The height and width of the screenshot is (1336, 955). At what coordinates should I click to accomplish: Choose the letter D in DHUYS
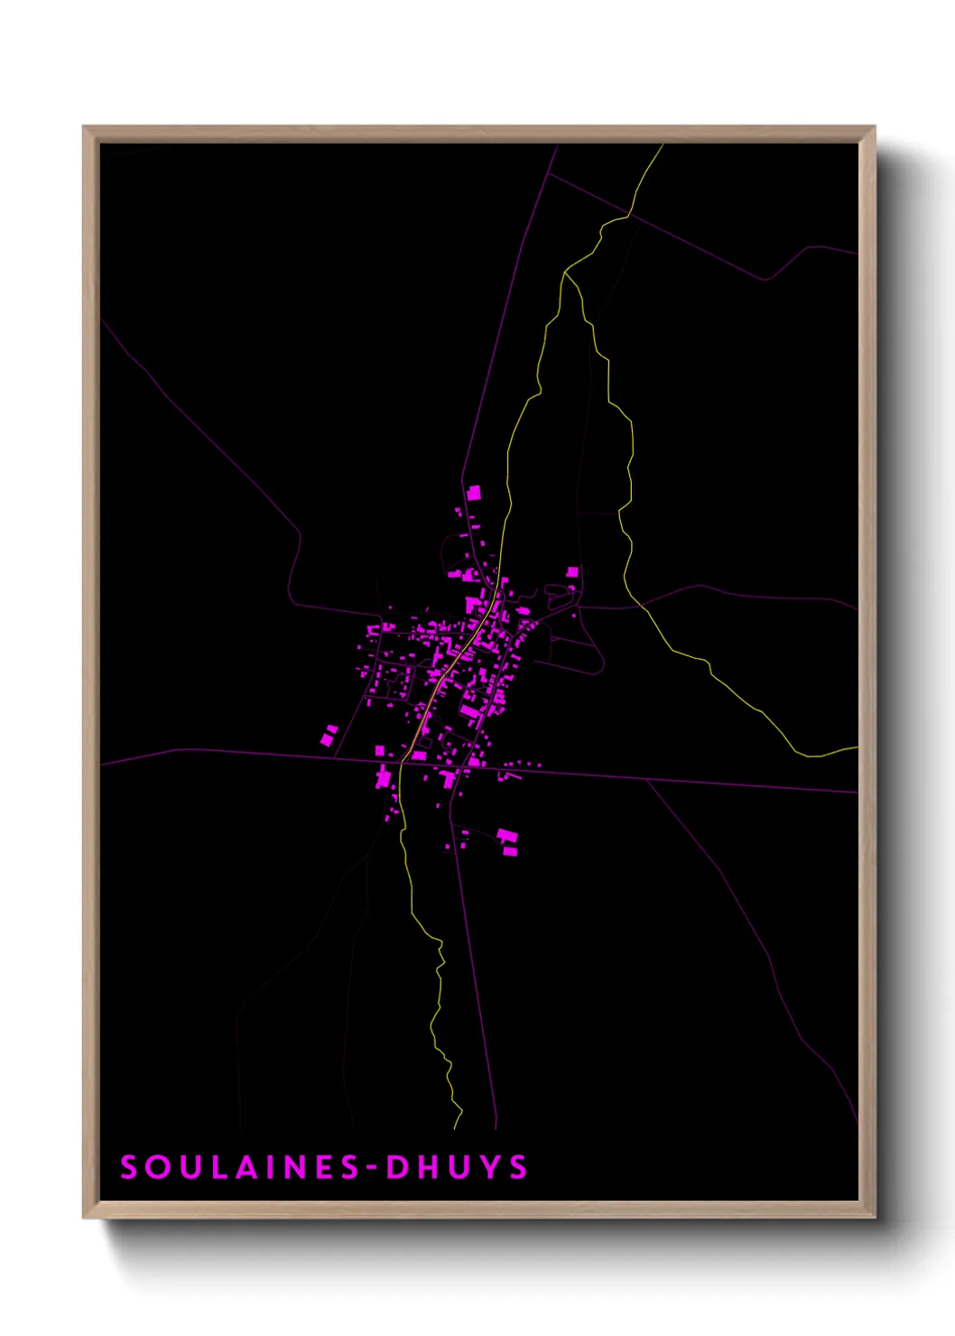[397, 1167]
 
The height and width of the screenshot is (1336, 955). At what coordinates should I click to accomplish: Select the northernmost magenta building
[473, 492]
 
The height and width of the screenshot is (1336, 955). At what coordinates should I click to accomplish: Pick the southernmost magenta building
[509, 850]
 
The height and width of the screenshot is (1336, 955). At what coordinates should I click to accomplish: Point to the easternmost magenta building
[572, 571]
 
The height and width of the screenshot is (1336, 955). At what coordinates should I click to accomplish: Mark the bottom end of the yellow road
[456, 1127]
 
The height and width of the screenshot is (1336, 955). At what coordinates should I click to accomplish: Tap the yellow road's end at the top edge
[662, 146]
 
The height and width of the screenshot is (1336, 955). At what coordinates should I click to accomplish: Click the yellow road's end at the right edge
[855, 747]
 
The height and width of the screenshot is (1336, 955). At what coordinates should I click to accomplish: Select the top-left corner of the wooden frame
[85, 128]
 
